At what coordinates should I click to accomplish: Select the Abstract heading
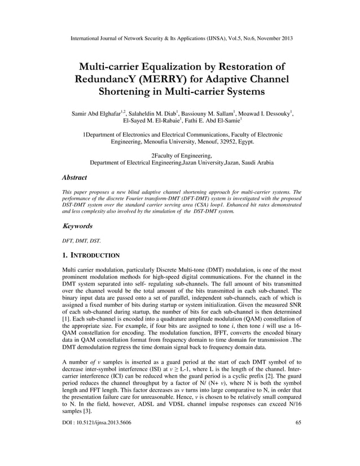[x=74, y=178]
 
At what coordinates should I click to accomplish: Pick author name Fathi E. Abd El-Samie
[x=214, y=121]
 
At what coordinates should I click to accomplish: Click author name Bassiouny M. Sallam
[x=210, y=114]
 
